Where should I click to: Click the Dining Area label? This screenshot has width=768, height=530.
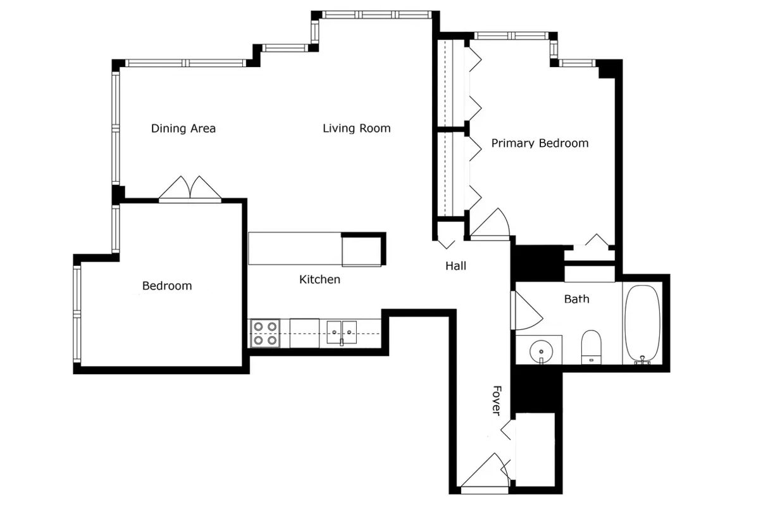click(x=183, y=129)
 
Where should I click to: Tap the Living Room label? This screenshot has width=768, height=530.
click(x=357, y=129)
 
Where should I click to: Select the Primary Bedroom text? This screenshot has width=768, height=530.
click(x=540, y=143)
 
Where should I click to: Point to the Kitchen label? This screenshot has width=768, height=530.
click(x=319, y=279)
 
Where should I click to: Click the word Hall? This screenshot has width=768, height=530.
click(x=455, y=266)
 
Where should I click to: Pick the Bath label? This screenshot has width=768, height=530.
click(x=577, y=299)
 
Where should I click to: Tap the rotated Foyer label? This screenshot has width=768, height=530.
click(x=497, y=401)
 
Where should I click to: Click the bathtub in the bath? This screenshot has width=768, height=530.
click(x=642, y=324)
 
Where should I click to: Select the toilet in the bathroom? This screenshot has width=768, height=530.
click(x=591, y=347)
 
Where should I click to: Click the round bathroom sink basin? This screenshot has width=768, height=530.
click(x=541, y=352)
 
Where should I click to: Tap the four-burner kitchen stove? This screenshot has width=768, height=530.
click(x=265, y=333)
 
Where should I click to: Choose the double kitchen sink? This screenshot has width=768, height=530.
click(x=342, y=332)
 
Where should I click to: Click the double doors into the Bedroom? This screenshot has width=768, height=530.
click(x=190, y=189)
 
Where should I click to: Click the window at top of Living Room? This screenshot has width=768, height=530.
click(x=376, y=15)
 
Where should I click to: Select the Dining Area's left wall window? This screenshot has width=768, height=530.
click(x=116, y=129)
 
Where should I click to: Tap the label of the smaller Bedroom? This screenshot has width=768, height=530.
click(x=167, y=286)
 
